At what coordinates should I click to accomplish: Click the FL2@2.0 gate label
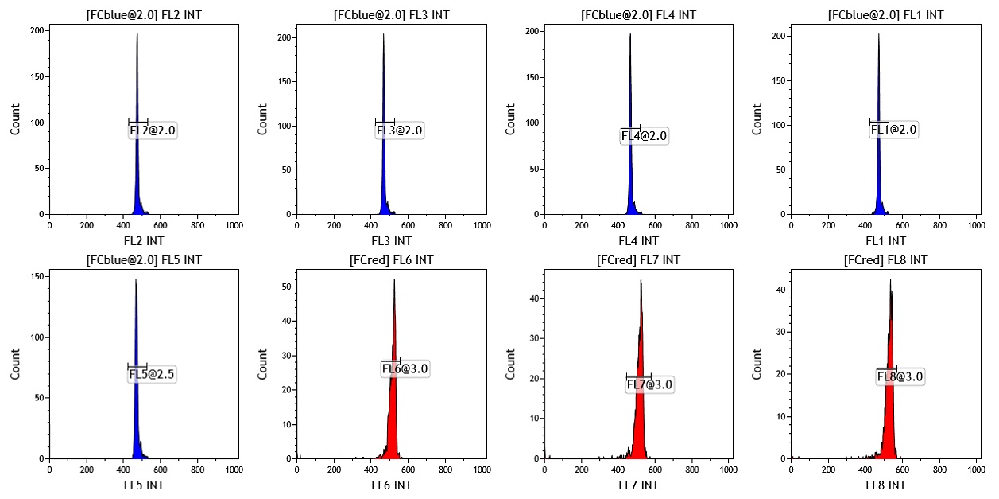pos(153,131)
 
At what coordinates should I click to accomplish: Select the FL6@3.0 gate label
pos(405,368)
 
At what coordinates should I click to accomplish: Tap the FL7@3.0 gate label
pos(650,384)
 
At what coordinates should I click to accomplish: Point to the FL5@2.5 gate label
pos(152,374)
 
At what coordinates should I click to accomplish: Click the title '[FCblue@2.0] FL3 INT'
pos(392,15)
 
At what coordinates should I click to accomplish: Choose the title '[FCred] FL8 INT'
pos(885,260)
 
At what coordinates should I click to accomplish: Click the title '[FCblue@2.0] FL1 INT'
pos(885,15)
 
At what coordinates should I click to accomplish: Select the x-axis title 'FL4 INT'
pos(638,241)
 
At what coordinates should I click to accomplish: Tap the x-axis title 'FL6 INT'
pos(392,485)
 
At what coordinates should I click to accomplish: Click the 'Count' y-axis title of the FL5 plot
pos(15,364)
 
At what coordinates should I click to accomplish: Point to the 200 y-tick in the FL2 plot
pos(37,30)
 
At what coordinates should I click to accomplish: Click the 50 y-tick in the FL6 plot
pos(287,287)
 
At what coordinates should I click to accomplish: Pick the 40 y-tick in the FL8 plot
pos(780,290)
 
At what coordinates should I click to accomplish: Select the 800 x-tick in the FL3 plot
pos(445,225)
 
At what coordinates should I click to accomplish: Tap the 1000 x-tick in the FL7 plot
pos(728,470)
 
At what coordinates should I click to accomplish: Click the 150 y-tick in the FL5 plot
pos(37,276)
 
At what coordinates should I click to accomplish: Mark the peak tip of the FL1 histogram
pos(878,34)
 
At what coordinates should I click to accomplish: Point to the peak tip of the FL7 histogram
pos(641,279)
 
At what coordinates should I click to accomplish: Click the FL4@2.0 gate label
pos(644,136)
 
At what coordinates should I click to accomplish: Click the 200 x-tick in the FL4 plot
pos(582,225)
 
